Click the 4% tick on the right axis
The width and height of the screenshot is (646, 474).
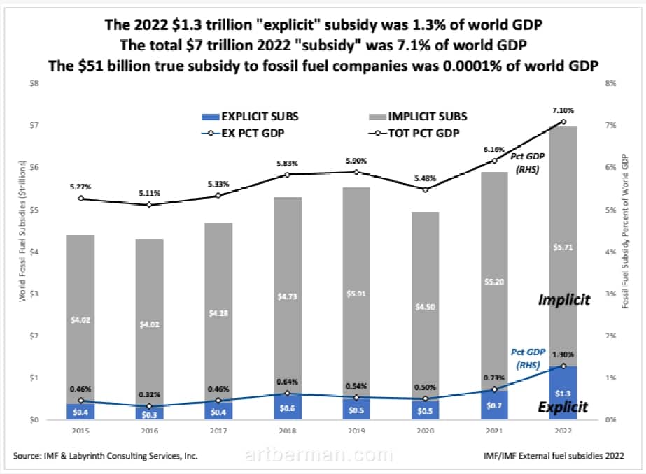(611, 252)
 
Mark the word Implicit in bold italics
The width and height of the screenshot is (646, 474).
(564, 300)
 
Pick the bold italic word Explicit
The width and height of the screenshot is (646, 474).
(564, 407)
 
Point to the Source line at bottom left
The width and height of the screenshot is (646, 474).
(105, 456)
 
